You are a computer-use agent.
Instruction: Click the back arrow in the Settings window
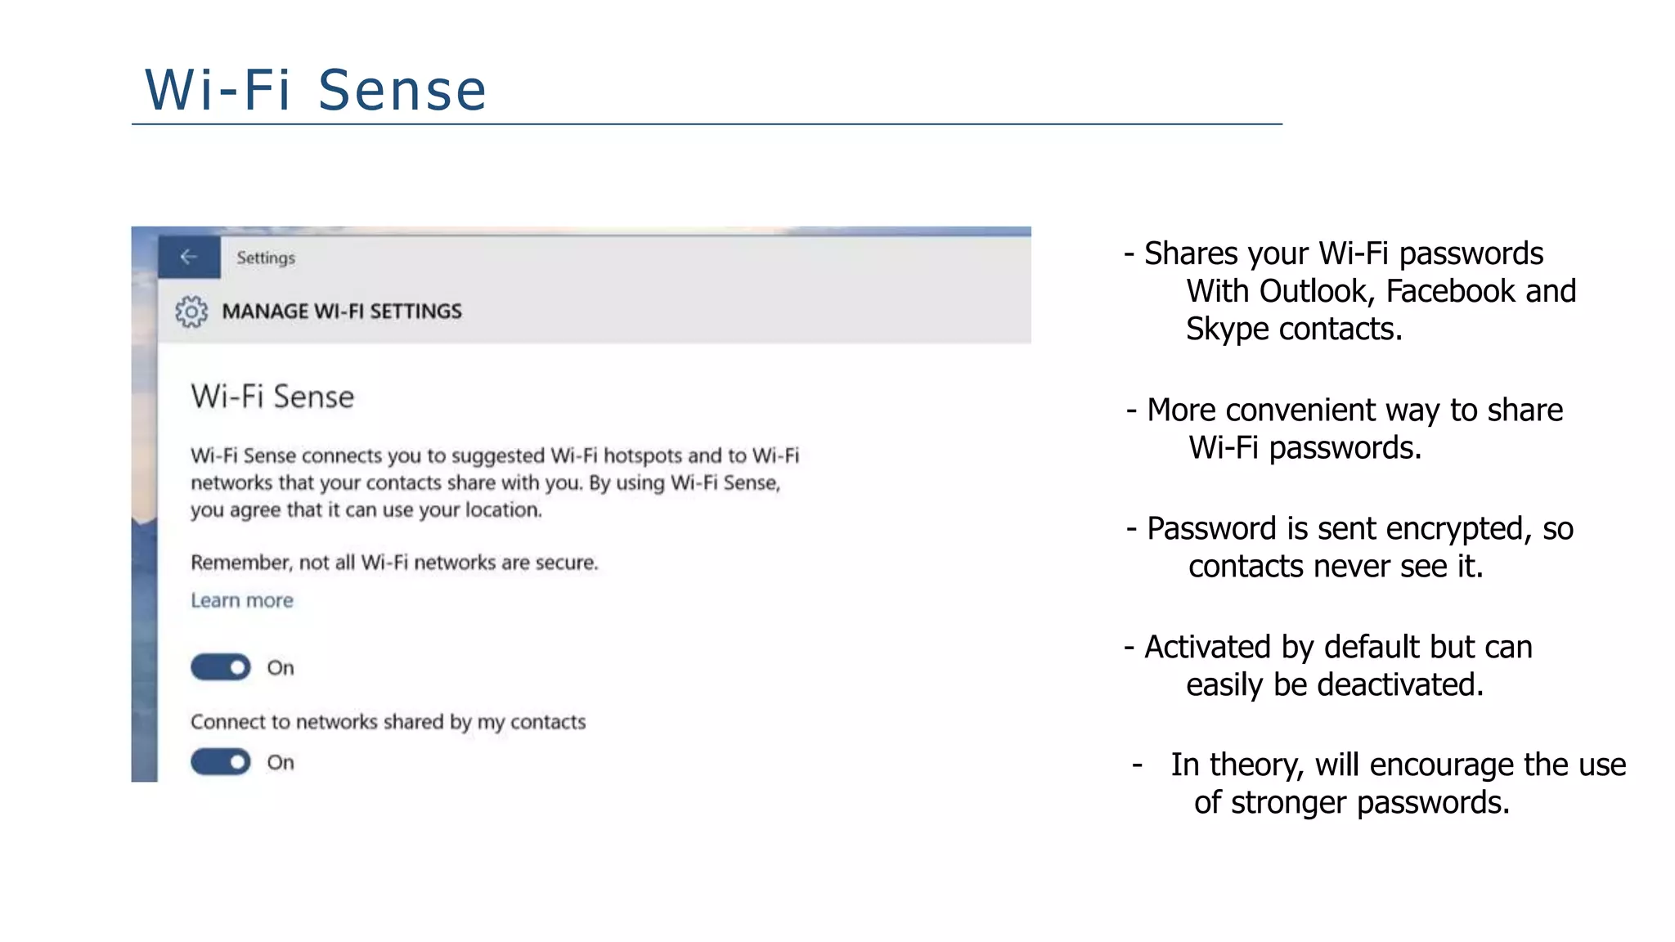pos(189,257)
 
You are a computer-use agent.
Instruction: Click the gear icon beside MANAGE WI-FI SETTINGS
pos(191,312)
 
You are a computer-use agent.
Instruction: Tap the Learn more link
pos(241,601)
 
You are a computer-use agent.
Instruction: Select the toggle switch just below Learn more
pos(221,667)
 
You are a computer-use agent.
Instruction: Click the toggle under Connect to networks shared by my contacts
pos(221,762)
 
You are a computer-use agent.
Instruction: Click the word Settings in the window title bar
pos(266,258)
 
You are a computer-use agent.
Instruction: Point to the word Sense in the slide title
pos(402,90)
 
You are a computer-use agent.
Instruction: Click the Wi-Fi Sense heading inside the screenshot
pos(272,397)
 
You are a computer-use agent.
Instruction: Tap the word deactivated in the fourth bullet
pos(1397,684)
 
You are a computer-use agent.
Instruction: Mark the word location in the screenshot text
pos(503,510)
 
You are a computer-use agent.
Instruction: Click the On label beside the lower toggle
pos(281,763)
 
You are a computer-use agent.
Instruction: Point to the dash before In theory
pos(1137,765)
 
